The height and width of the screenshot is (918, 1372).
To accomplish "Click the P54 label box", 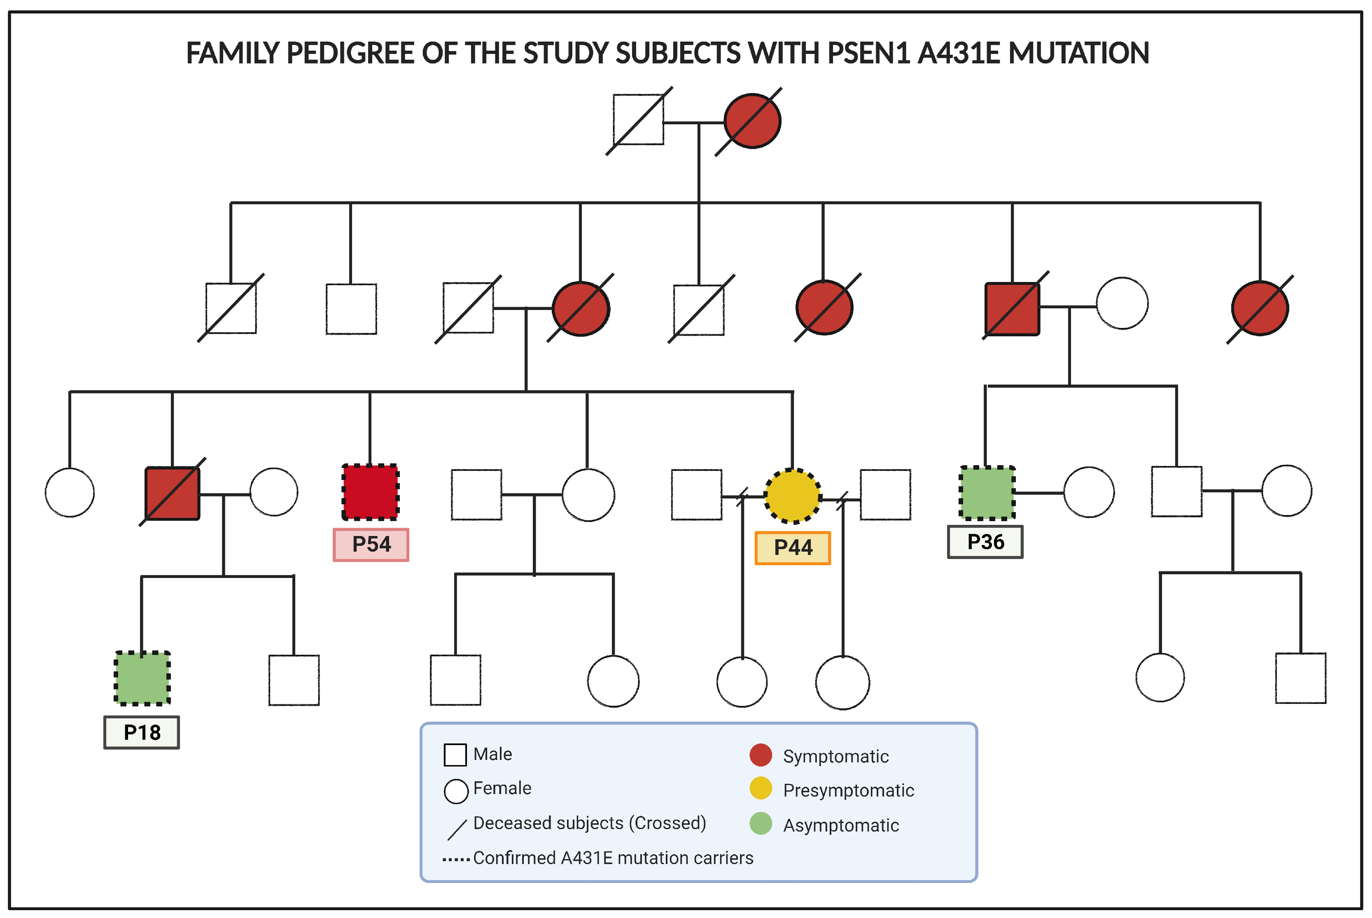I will pos(371,545).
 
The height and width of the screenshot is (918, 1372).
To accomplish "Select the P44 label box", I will pos(792,548).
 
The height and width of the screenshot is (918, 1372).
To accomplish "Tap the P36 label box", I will pos(985,542).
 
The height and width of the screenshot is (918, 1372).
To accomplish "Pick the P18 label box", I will pos(142,732).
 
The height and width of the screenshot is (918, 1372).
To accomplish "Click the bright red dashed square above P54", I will pos(370,492).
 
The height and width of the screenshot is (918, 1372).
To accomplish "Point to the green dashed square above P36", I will pos(987,492).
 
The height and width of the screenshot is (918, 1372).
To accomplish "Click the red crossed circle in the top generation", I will pos(752,121).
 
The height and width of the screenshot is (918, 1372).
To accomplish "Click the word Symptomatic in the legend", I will pos(835,756).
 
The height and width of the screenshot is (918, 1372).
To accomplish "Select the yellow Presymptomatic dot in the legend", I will pos(761,788).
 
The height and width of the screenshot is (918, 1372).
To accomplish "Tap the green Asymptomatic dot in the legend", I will pos(761,823).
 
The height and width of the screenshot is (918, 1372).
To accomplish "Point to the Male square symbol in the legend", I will pos(455,755).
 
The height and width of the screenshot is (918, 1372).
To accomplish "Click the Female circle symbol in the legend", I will pos(455,791).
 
